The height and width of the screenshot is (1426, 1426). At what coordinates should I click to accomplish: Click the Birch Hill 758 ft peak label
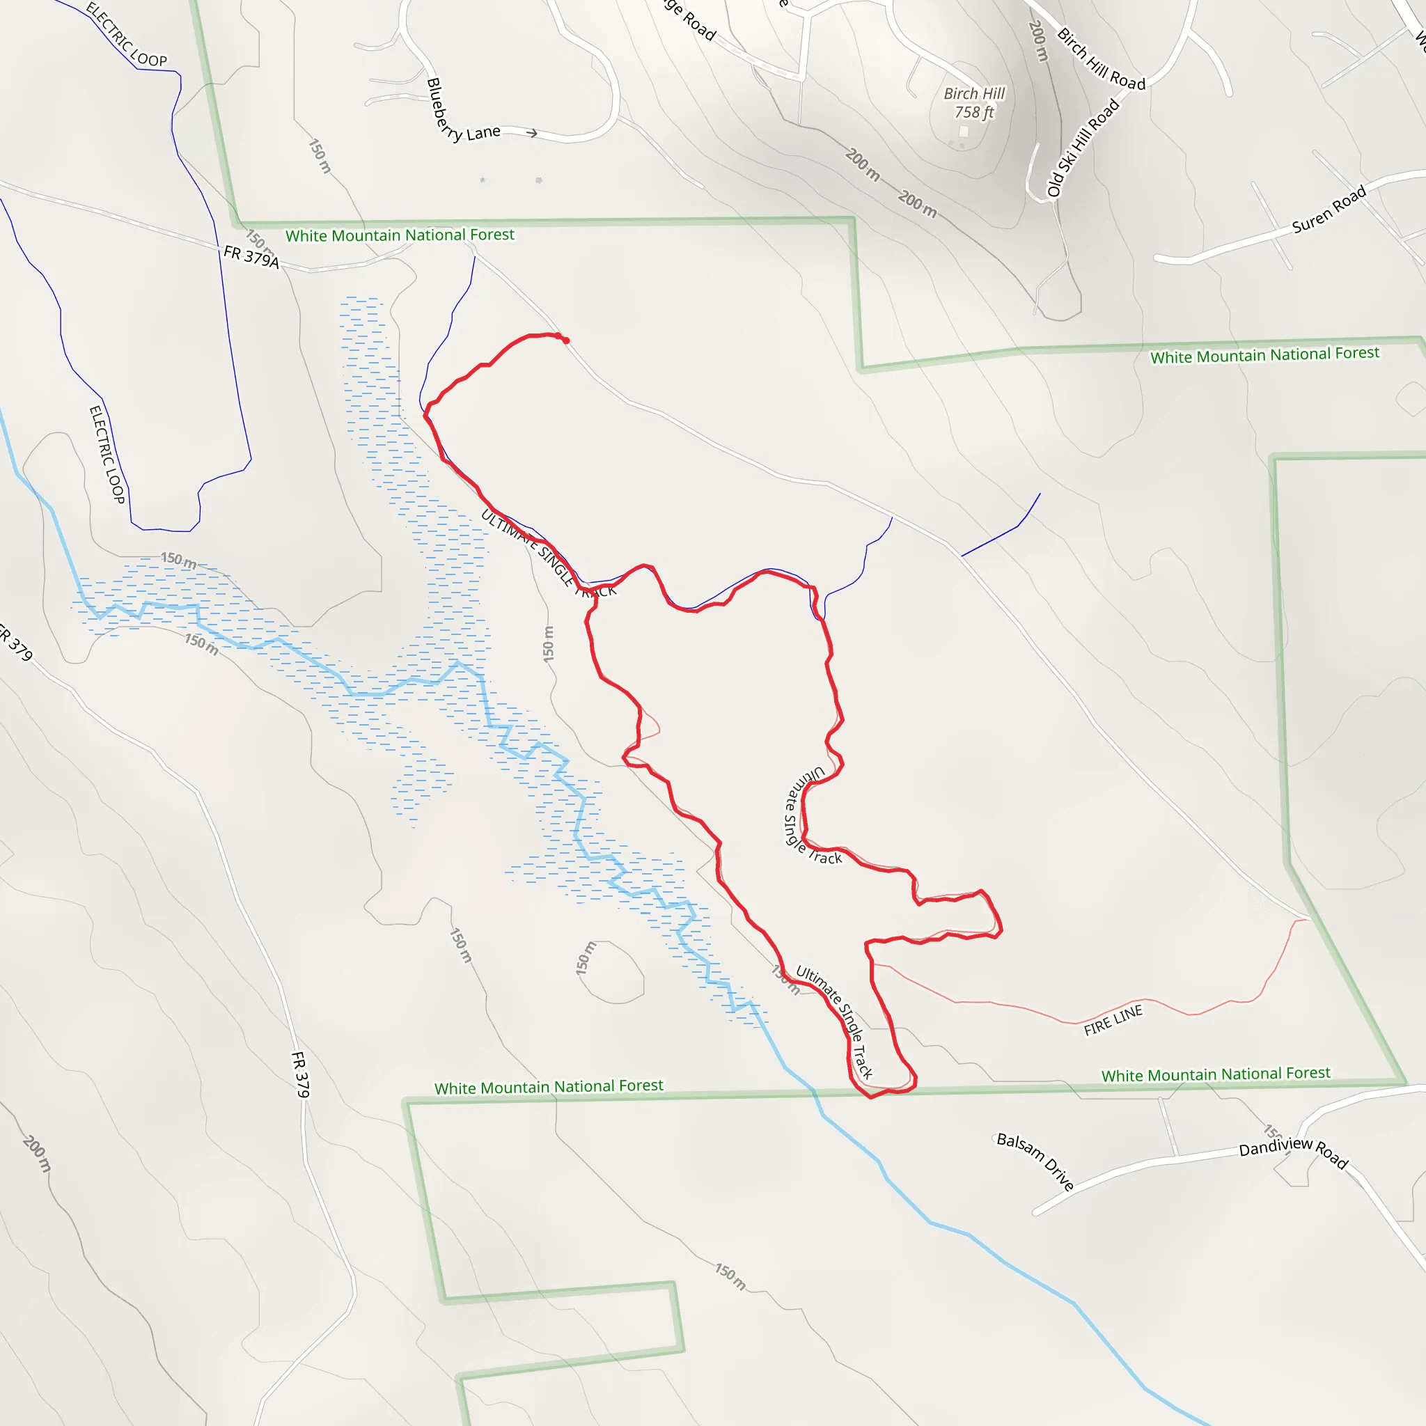coord(973,102)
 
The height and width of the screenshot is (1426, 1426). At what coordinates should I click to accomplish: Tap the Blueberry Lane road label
coord(462,114)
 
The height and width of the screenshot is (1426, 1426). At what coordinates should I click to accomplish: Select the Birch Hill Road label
coord(1101,59)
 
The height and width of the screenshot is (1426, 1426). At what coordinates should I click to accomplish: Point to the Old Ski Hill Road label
coord(1083,148)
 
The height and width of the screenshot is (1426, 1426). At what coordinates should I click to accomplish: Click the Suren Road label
coord(1329,210)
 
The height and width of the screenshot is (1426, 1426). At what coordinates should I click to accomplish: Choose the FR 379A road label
coord(251,256)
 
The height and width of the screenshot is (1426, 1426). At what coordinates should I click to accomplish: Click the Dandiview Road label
coord(1293,1151)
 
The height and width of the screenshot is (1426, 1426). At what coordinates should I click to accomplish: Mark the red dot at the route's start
coord(566,340)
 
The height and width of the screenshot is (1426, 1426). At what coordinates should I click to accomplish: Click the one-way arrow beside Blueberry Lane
coord(531,134)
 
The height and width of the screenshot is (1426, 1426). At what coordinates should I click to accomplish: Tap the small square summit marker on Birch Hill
coord(963,132)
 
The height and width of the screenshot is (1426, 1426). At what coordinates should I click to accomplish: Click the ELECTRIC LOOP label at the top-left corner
coord(126,34)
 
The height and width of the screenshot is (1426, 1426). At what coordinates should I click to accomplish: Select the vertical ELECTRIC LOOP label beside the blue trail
coord(107,454)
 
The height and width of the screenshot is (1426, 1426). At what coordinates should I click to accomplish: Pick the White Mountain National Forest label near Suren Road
coord(1264,355)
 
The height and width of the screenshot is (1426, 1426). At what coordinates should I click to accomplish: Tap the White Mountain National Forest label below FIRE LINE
coord(1216,1074)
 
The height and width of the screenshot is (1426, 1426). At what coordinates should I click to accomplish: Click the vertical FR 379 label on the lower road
coord(300,1074)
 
